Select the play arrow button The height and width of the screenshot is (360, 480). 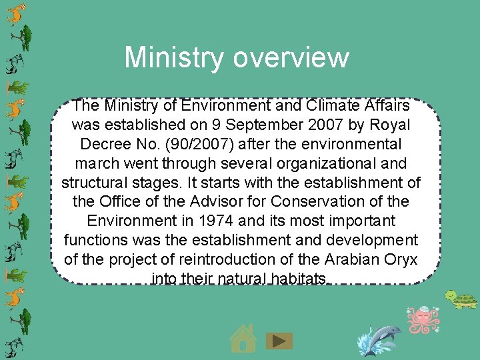click(279, 341)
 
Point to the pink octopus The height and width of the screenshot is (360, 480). click(424, 319)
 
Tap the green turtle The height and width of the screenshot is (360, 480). click(460, 299)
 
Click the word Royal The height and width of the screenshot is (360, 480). click(389, 125)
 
